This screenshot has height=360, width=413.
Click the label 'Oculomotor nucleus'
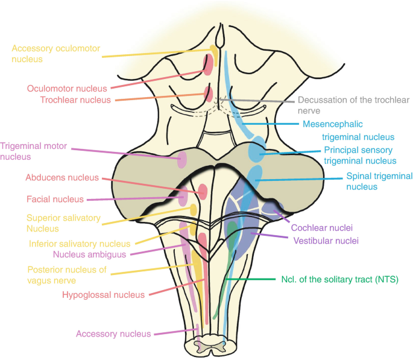point(66,89)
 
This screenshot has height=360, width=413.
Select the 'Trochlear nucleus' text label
point(75,100)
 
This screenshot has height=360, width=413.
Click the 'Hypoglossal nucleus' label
point(103,295)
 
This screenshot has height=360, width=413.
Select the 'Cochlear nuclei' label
point(321,228)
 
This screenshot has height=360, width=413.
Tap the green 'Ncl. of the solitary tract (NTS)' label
point(340,280)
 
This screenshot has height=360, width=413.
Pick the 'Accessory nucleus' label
point(113,333)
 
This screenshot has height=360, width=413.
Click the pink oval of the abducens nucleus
point(203,192)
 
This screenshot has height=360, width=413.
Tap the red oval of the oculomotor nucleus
point(207,65)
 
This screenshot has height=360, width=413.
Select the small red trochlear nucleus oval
point(208,93)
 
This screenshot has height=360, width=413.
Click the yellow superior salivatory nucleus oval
point(193,210)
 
